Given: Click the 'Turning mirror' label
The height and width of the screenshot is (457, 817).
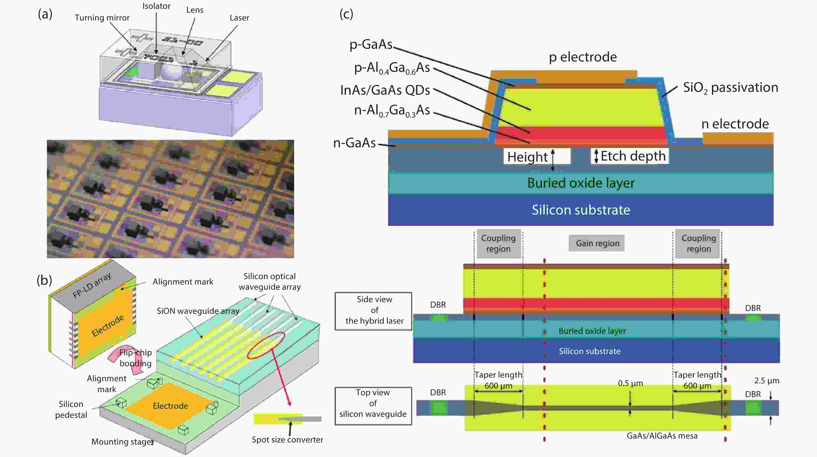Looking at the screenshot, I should coord(102,18).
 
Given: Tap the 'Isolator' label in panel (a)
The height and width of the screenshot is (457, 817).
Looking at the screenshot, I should coord(156,6).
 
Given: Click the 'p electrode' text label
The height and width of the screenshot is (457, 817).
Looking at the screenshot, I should coord(583,57).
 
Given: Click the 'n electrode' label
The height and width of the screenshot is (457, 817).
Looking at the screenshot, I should coord(735,124).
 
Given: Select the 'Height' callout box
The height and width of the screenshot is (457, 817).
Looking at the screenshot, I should coord(537,157).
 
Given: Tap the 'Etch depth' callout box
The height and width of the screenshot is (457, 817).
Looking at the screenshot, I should coord(629,156).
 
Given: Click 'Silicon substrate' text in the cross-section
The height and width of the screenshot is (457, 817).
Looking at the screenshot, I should coord(581,210).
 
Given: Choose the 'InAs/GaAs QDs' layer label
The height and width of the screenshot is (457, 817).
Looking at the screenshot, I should coord(385,90).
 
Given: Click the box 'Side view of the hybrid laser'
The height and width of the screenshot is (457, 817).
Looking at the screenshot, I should coord(373,310).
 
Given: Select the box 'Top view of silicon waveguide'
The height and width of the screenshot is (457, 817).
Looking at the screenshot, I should coord(373,403).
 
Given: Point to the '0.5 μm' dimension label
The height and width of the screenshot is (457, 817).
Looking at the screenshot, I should coord(630,383).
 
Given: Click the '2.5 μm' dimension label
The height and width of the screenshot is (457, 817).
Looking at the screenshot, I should coord(766,380).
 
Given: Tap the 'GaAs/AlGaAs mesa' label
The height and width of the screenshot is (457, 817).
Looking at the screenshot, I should coord(662,436).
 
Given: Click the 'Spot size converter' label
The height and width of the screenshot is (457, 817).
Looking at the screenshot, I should coord(287,440).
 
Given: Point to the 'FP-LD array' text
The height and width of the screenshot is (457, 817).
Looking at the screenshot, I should coord(92,285).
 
